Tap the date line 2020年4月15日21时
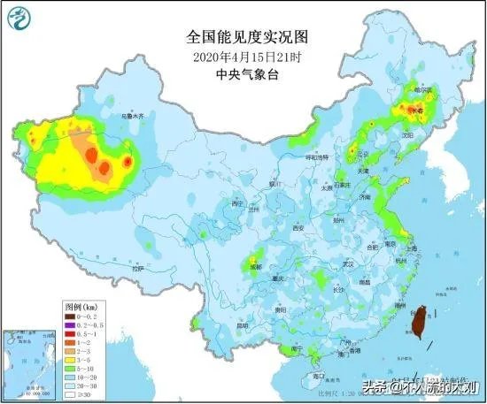pyautogui.click(x=243, y=57)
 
